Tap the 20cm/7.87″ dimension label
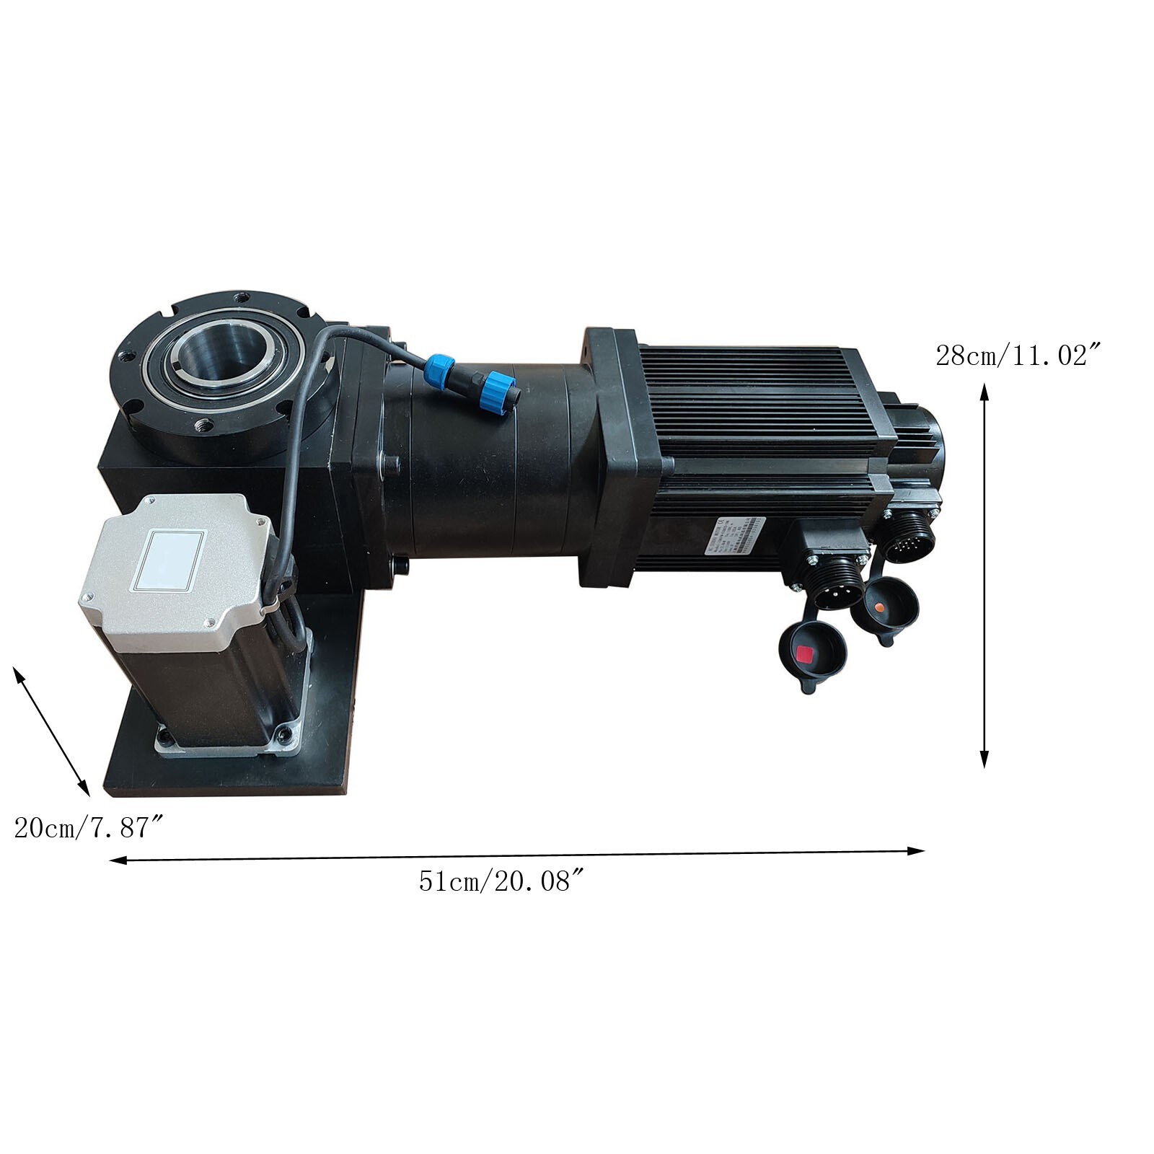pyautogui.click(x=91, y=827)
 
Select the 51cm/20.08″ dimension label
pyautogui.click(x=501, y=881)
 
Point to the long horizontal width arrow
pyautogui.click(x=516, y=855)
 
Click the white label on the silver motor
pyautogui.click(x=175, y=558)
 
